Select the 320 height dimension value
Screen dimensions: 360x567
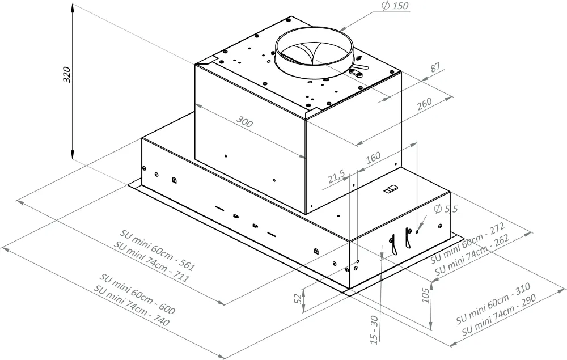66,75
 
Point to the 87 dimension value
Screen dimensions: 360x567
435,67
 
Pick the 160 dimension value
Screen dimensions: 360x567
373,157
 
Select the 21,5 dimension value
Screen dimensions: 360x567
336,177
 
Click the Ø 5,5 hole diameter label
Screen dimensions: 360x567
445,209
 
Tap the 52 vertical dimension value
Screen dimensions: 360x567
298,299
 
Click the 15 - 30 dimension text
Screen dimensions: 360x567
374,328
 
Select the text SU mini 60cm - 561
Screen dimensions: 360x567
157,250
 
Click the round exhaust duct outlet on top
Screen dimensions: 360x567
314,56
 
